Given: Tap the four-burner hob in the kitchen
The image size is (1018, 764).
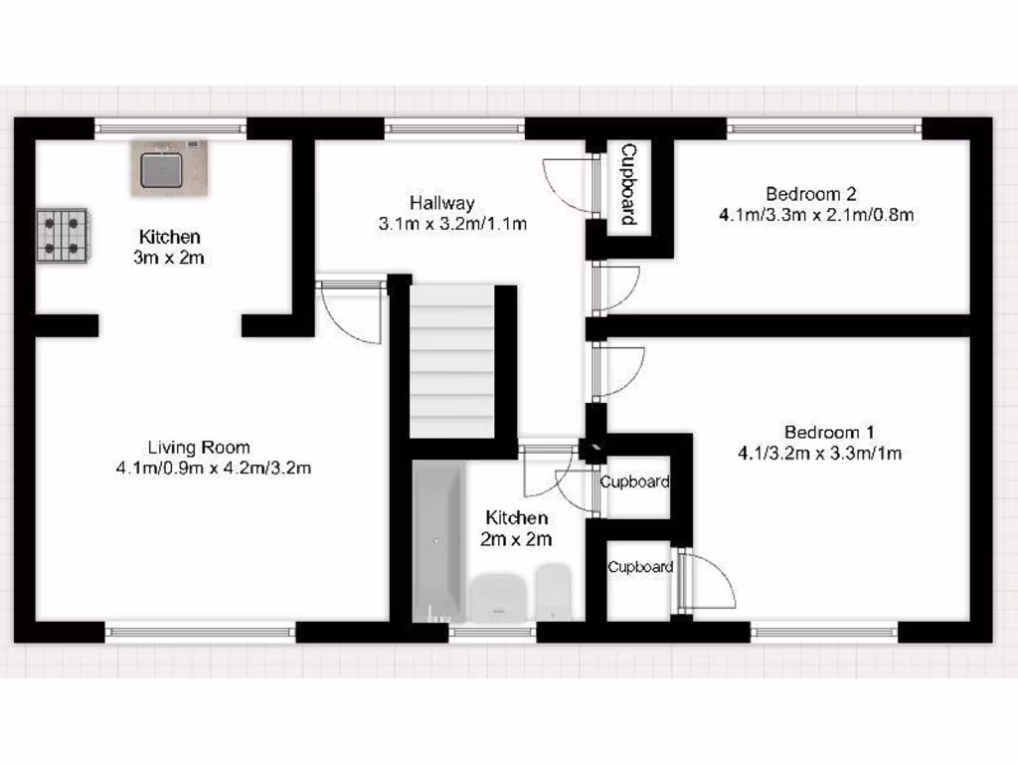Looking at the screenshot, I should [63, 236].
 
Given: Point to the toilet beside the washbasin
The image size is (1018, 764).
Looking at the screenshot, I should [553, 593].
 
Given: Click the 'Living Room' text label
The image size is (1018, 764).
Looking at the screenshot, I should [199, 447].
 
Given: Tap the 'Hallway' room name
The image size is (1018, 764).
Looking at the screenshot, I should [442, 203].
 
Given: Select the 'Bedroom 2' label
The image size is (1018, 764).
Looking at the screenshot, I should [810, 193].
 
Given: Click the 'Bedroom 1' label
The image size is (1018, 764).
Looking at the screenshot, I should [829, 432].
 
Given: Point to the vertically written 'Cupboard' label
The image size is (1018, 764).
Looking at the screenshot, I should [628, 184].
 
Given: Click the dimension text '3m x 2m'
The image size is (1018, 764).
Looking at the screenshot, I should [169, 258].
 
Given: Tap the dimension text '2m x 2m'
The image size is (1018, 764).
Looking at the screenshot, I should [516, 539].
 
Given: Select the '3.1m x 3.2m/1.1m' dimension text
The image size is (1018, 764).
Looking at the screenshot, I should [452, 224].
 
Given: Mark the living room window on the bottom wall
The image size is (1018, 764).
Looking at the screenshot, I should [200, 631].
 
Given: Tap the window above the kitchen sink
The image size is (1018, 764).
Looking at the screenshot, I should [170, 126].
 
